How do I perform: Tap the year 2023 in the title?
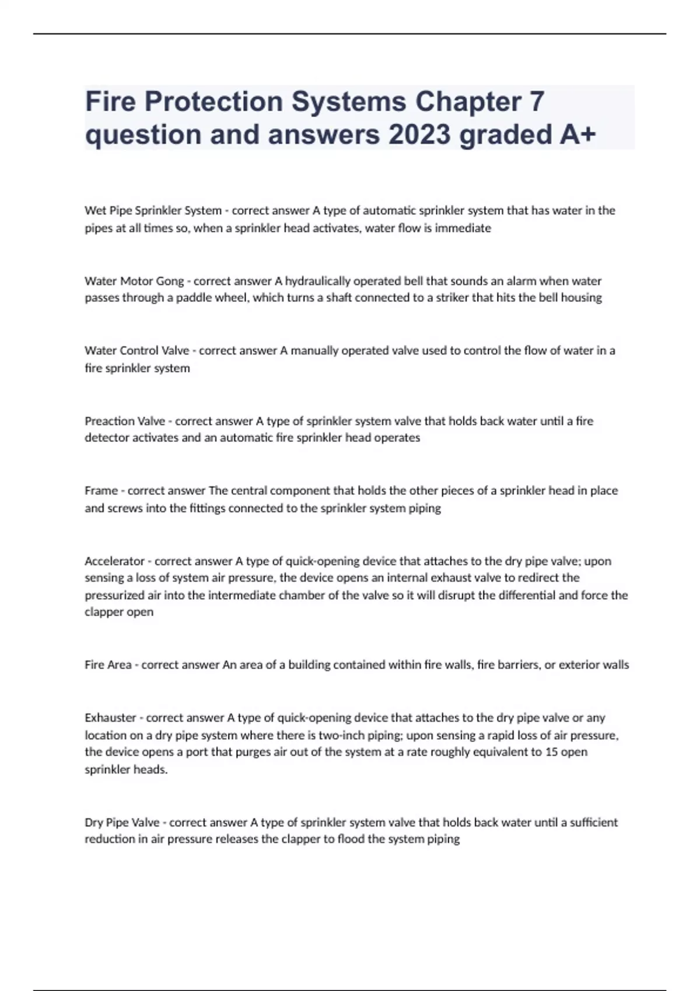coord(419,135)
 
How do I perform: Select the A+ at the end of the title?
coord(577,135)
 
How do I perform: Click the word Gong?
coord(170,281)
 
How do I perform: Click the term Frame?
coord(101,491)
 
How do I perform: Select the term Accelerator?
coord(114,561)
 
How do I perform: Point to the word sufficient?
coord(593,823)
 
